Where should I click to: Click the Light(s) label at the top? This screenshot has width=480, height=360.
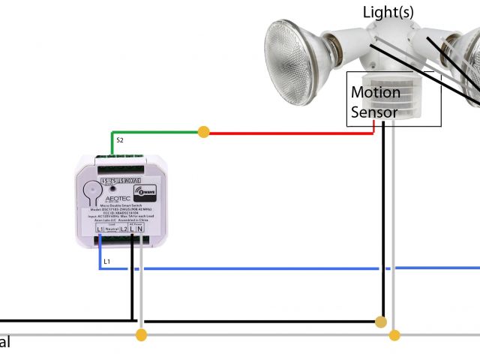coord(388,13)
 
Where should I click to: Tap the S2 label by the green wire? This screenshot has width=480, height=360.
coord(119,140)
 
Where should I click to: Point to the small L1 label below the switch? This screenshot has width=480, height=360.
coord(106,261)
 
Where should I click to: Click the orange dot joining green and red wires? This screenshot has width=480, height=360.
coord(203,132)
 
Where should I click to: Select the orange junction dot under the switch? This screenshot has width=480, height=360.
coord(141,334)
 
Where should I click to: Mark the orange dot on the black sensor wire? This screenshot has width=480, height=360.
coord(382,322)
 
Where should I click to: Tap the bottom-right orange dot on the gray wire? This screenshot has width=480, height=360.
coord(394,334)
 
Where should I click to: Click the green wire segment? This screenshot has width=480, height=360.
coord(157,132)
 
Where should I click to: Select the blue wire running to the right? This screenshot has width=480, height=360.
coord(300,268)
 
